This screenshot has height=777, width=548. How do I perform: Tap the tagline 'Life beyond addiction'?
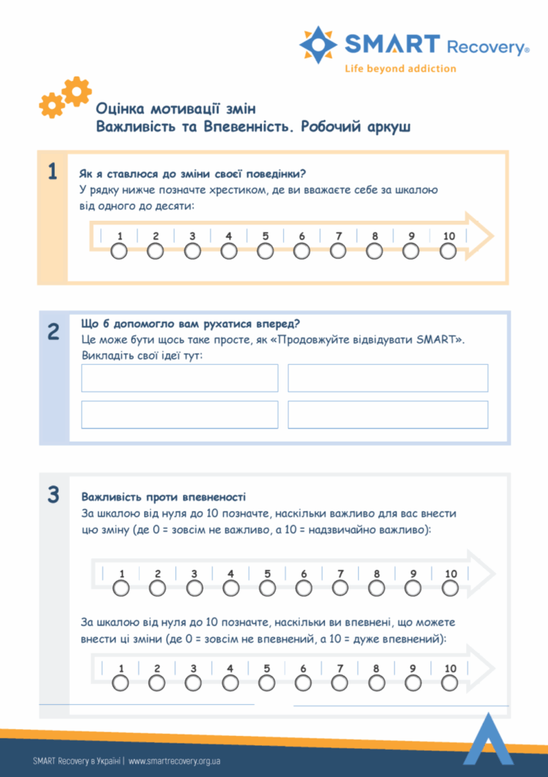click(400, 68)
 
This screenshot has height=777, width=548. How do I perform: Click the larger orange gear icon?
click(77, 91)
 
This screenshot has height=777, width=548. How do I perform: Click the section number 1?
click(52, 172)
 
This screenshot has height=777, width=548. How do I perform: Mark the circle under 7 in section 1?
click(339, 251)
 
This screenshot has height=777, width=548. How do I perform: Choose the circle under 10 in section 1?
click(449, 251)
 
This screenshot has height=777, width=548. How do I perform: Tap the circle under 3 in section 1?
click(192, 251)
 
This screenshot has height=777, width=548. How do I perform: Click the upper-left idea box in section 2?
click(180, 378)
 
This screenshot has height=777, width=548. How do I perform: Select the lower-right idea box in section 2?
click(388, 414)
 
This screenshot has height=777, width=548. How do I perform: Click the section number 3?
click(53, 495)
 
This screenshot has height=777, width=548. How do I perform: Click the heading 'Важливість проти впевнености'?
click(163, 497)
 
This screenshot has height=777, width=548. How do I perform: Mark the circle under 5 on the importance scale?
click(267, 588)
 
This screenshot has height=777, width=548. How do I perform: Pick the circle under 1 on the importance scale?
click(121, 588)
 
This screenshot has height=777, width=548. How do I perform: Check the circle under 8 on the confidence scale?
click(376, 683)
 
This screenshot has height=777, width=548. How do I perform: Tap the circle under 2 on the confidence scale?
click(157, 683)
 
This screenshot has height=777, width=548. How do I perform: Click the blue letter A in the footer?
click(488, 739)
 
